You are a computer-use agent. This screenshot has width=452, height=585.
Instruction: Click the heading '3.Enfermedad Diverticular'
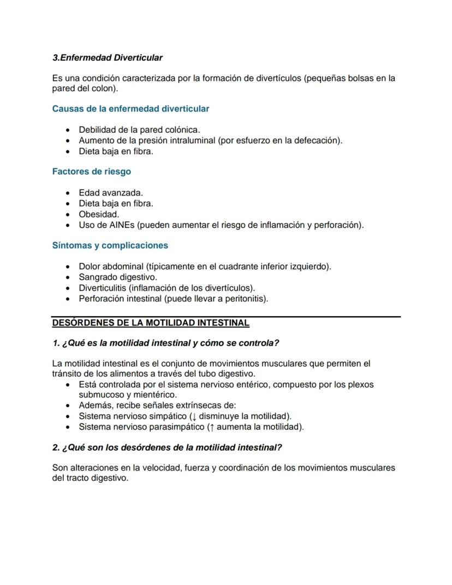pos(107,57)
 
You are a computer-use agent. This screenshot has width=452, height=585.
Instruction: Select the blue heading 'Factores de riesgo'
pos(91,172)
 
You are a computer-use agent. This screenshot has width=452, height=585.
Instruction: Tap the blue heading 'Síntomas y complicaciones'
pos(110,245)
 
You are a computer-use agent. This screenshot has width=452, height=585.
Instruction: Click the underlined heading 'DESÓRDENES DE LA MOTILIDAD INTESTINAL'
pos(151,323)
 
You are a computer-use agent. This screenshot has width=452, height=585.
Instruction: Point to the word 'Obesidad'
pos(98,214)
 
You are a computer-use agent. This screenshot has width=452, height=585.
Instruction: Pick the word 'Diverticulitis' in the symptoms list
pos(103,288)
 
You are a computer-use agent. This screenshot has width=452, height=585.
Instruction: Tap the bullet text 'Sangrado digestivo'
pos(117,277)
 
